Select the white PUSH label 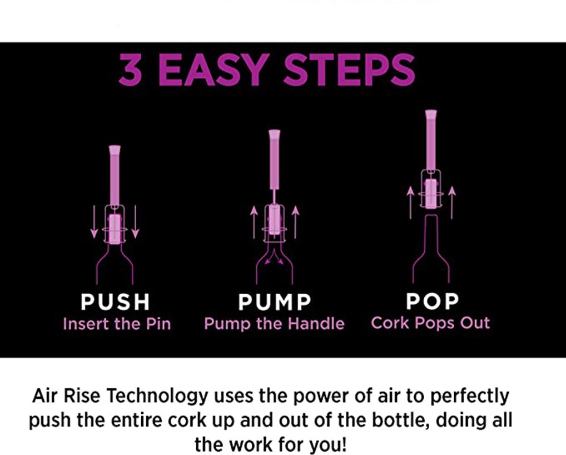pyautogui.click(x=115, y=302)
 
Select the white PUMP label pyautogui.click(x=274, y=302)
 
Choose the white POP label pyautogui.click(x=432, y=301)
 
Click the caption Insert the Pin pyautogui.click(x=117, y=324)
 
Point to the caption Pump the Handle pyautogui.click(x=274, y=324)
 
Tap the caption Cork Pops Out pyautogui.click(x=430, y=323)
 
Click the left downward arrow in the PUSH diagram pyautogui.click(x=94, y=222)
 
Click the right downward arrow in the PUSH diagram pyautogui.click(x=135, y=222)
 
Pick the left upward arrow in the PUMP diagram pyautogui.click(x=254, y=222)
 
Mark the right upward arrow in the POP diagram pyautogui.click(x=451, y=202)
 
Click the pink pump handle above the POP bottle pyautogui.click(x=431, y=140)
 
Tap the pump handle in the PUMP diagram pyautogui.click(x=275, y=160)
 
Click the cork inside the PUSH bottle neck pyautogui.click(x=115, y=230)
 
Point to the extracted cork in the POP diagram pyautogui.click(x=431, y=194)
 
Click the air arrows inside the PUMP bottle pyautogui.click(x=274, y=257)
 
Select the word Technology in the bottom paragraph pyautogui.click(x=157, y=397)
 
